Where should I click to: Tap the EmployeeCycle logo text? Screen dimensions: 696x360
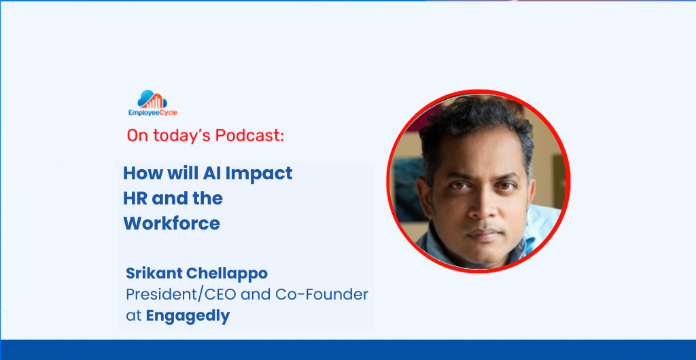[x=153, y=113]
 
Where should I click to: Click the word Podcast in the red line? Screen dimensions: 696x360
[x=249, y=136]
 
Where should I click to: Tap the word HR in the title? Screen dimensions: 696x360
[x=135, y=198]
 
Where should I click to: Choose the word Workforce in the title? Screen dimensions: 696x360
[x=172, y=223]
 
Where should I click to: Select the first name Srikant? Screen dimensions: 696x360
[x=153, y=274]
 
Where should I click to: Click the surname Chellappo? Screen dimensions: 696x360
[x=226, y=274]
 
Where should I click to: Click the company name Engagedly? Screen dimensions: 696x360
[x=188, y=317]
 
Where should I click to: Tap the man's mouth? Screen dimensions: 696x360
[x=485, y=234]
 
